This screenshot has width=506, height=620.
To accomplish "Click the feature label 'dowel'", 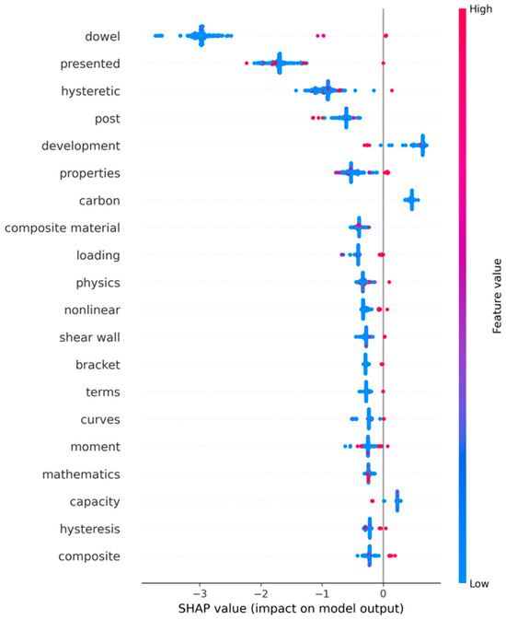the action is coord(102,36).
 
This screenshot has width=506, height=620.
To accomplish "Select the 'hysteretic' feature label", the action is coord(90,91).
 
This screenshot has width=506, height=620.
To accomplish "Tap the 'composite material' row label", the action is coord(63,228).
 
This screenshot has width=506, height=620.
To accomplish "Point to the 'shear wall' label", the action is coord(89,337).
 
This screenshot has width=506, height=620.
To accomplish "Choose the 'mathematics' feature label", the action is coord(81,474).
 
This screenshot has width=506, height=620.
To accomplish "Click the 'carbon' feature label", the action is coord(99,201).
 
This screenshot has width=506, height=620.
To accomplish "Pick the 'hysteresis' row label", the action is coord(89,529).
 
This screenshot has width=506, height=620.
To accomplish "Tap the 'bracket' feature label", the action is coord(98,365).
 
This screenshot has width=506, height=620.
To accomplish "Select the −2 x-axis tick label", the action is coord(260,593).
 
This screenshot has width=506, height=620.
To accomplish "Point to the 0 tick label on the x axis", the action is coord(383,593).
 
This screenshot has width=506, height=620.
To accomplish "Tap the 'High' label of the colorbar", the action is coord(481,9).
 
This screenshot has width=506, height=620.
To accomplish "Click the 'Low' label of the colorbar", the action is coord(479,584).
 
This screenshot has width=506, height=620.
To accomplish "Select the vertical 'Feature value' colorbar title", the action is coord(497,296).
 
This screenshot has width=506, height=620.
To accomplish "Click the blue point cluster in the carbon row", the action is coord(411,200).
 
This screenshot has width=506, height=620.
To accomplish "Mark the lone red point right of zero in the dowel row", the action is coord(385,36).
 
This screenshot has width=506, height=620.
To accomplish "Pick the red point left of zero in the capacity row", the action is coord(372,501).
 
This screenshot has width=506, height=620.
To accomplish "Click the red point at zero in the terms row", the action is coord(383,392).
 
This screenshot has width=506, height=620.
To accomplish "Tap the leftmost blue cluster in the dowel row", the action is coord(159,36).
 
